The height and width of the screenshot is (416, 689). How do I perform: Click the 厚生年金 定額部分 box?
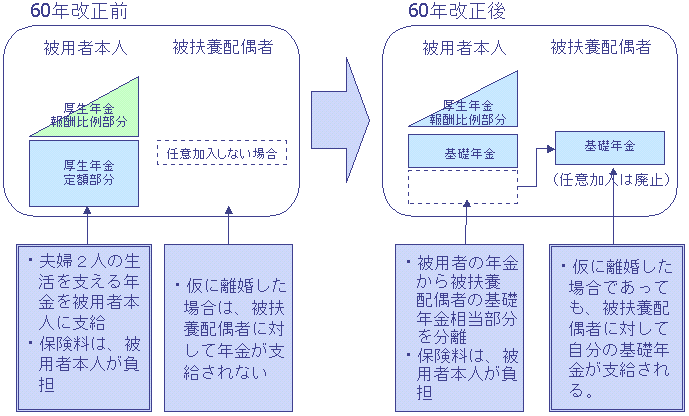[x=84, y=173]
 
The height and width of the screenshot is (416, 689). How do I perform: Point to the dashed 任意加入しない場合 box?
[x=222, y=154]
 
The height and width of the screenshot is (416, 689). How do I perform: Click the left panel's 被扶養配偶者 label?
[x=222, y=47]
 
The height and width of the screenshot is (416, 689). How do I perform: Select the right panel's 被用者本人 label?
[x=464, y=47]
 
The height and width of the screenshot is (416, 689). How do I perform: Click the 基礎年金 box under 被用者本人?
[x=463, y=152]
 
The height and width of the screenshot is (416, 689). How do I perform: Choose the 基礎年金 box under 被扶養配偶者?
[x=610, y=147]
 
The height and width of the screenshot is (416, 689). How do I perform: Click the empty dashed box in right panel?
[x=463, y=187]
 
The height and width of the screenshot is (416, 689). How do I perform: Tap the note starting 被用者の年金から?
[x=464, y=326]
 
